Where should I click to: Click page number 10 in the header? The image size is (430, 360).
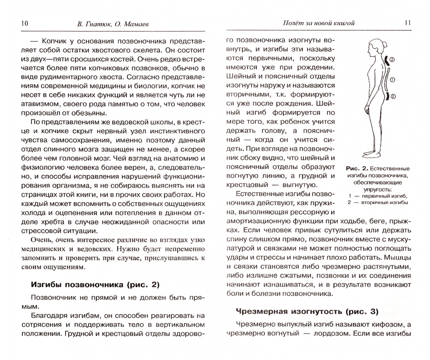24,23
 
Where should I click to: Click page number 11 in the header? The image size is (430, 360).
407,23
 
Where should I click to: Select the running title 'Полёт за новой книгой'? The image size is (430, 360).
318,23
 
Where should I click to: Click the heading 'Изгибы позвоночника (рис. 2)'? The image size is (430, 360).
95,285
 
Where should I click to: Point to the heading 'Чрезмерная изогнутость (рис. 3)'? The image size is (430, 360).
307,311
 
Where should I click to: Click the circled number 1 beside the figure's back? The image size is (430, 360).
392,80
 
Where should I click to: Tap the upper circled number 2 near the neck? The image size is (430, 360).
392,60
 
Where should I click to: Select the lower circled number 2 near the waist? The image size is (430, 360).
393,97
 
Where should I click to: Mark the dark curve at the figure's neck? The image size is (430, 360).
386,60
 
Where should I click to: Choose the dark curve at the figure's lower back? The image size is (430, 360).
387,97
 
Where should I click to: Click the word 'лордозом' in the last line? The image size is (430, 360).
327,333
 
